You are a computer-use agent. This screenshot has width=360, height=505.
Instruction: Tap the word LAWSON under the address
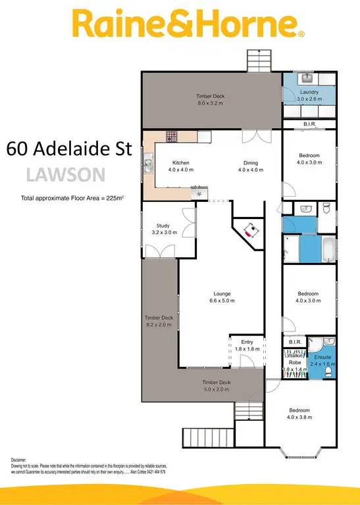[64, 174]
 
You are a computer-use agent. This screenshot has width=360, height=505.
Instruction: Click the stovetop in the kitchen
[171, 136]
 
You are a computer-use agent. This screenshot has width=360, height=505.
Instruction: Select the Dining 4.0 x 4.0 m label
[250, 166]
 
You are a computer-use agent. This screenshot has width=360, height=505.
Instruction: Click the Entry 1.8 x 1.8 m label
[247, 345]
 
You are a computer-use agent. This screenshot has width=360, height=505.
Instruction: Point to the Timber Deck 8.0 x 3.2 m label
[210, 99]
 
